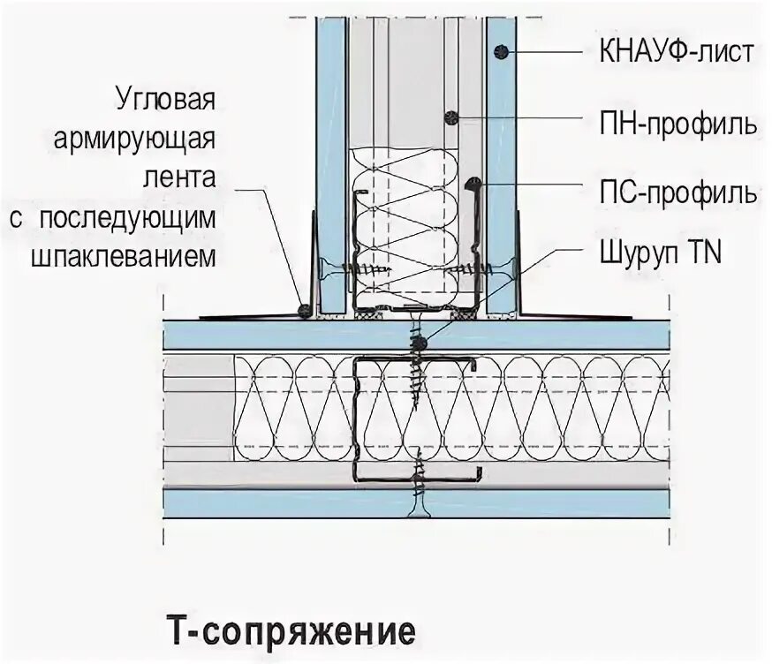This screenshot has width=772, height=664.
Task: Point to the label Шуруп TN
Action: tap(653, 255)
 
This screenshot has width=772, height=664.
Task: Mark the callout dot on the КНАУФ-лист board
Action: tap(501, 50)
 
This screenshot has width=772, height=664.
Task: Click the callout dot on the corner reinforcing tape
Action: tap(304, 311)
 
